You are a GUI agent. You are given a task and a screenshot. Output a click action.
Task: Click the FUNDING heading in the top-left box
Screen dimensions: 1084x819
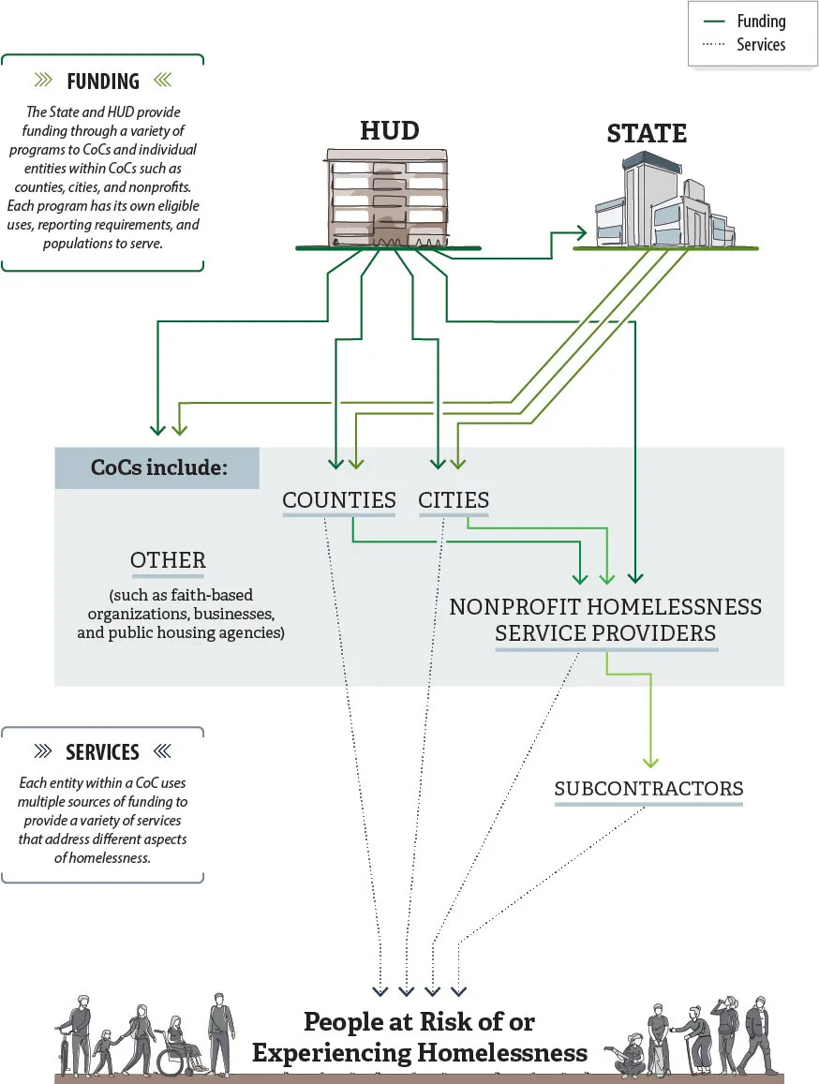[x=102, y=81]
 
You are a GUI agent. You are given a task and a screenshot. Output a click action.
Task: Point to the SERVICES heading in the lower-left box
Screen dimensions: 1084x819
[x=102, y=752]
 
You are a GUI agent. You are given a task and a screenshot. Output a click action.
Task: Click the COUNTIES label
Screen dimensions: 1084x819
[x=339, y=500]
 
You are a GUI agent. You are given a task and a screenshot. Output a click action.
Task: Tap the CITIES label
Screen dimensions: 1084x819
[x=454, y=500]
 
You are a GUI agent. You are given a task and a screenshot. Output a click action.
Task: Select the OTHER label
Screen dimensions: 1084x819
[x=168, y=560]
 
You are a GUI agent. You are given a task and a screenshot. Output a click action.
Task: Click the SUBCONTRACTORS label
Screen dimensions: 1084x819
[x=648, y=789]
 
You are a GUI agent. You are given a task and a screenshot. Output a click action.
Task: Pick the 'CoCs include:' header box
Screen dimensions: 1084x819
[x=157, y=467]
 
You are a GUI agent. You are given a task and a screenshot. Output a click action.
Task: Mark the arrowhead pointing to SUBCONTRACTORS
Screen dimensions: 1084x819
[x=650, y=762]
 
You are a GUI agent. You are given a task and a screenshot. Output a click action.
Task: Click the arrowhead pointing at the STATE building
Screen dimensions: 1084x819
[x=581, y=231]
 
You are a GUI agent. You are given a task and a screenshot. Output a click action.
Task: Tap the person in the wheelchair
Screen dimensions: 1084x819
[x=177, y=1045]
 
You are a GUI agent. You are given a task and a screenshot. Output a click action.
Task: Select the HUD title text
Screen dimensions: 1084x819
[x=389, y=130]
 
